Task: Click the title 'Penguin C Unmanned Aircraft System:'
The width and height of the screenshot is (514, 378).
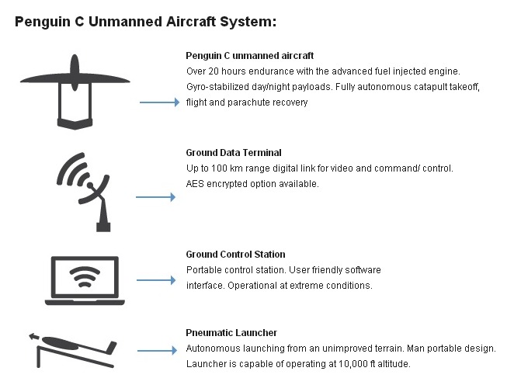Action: click(145, 22)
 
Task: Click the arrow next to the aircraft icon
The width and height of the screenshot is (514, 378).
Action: click(158, 102)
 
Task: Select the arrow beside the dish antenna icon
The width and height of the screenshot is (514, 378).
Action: click(155, 197)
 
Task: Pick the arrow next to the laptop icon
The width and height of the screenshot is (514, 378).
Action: click(155, 279)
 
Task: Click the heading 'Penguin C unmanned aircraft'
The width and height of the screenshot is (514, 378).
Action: click(249, 56)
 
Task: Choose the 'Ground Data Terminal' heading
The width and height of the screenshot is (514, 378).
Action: click(234, 153)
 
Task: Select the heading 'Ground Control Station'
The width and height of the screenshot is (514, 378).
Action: click(235, 255)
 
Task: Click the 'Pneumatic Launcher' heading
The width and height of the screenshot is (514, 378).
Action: click(231, 333)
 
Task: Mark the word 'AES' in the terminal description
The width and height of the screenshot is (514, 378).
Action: click(195, 184)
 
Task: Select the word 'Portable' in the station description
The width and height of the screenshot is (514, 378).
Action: click(203, 270)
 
